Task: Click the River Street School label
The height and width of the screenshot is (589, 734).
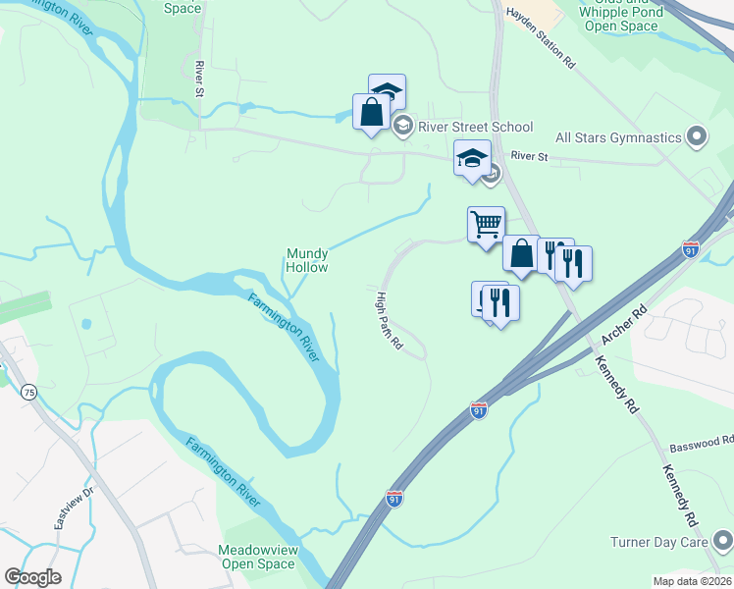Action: coord(476,127)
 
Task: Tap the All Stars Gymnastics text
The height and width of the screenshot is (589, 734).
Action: coord(618,138)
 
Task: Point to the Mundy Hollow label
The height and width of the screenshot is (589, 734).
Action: coord(307,260)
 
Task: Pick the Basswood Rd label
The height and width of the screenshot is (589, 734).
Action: coord(700,445)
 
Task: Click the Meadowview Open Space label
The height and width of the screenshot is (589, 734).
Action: coord(257,557)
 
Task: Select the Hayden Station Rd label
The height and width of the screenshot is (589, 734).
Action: coord(540,39)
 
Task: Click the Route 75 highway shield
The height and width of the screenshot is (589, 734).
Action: coord(29,393)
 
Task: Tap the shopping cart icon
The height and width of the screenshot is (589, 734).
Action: coord(486,225)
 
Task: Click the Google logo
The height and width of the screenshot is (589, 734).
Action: coord(32,576)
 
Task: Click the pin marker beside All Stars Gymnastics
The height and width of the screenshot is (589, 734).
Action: coord(697,135)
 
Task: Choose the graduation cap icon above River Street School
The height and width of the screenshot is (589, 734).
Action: coord(387,92)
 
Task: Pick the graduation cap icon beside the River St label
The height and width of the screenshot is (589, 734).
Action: coord(472,157)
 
